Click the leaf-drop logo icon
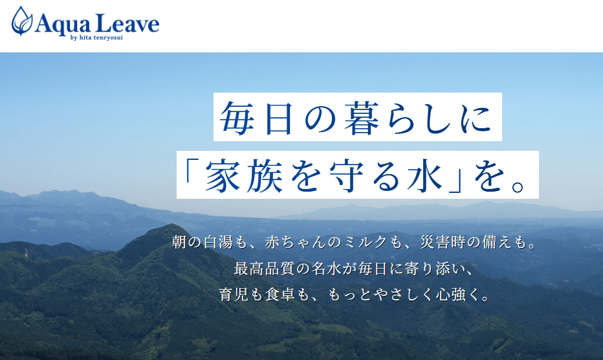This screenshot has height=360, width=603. [x=22, y=21]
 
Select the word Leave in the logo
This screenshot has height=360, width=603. [x=127, y=23]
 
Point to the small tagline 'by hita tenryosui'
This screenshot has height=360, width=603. [x=96, y=38]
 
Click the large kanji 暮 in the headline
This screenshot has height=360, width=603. [x=363, y=118]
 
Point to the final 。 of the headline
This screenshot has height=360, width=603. [x=518, y=185]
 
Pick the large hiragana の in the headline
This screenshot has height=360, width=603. [x=321, y=118]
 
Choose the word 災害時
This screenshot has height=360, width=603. [x=443, y=242]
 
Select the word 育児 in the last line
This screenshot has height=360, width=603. [x=234, y=295]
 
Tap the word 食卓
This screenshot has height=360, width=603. [x=280, y=295]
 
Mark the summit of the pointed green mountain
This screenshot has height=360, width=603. [x=171, y=225]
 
